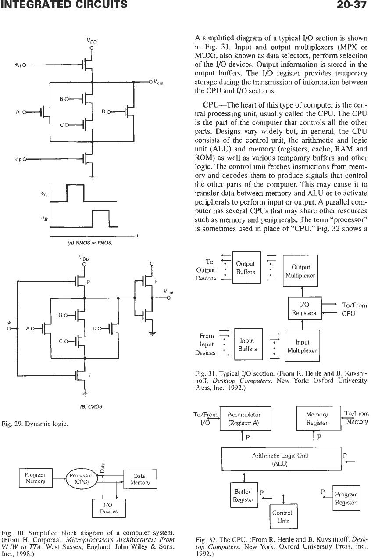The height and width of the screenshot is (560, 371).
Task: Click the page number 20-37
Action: (x=352, y=4)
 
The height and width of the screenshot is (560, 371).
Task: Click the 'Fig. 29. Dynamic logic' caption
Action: (x=35, y=424)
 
